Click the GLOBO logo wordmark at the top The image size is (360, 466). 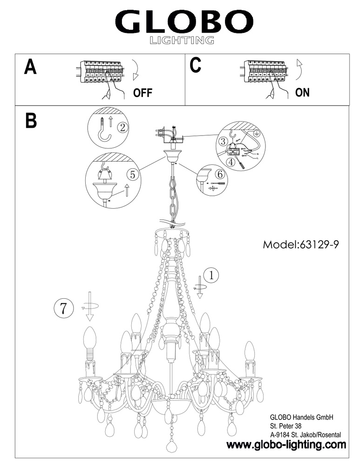pyautogui.click(x=184, y=22)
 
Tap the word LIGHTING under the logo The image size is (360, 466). pyautogui.click(x=182, y=40)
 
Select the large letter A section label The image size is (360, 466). pyautogui.click(x=30, y=67)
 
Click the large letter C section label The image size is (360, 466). pyautogui.click(x=196, y=65)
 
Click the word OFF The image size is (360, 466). pyautogui.click(x=143, y=93)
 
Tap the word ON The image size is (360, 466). pyautogui.click(x=302, y=92)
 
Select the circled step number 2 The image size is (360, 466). pyautogui.click(x=122, y=128)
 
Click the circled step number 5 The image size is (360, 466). pyautogui.click(x=132, y=174)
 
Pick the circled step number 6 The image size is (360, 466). pyautogui.click(x=220, y=174)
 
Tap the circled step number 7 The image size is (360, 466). pyautogui.click(x=63, y=308)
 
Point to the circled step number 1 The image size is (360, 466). pyautogui.click(x=211, y=275)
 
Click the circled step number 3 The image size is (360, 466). pyautogui.click(x=223, y=142)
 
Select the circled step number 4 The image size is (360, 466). pyautogui.click(x=231, y=162)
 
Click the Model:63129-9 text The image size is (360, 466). pyautogui.click(x=300, y=245)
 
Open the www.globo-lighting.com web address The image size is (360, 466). pyautogui.click(x=286, y=445)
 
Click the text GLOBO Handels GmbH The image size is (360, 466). pyautogui.click(x=301, y=417)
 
